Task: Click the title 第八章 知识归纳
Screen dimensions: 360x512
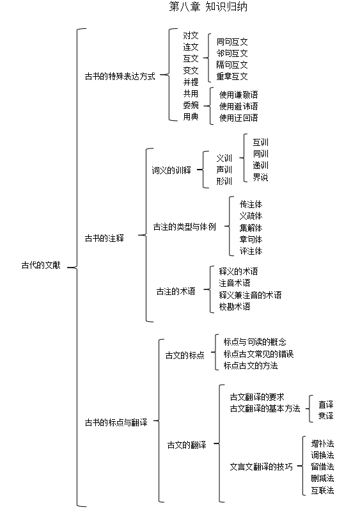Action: pos(208,6)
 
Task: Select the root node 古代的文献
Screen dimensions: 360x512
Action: pos(41,265)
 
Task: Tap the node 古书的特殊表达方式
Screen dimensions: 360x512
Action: pos(120,76)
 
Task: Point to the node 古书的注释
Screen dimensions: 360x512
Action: pos(104,238)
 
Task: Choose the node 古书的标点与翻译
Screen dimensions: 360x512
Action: pos(116,422)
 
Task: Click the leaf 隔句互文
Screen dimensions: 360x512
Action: pos(232,65)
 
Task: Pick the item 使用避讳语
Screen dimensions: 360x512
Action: pos(239,106)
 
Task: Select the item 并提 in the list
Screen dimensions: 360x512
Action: pos(191,82)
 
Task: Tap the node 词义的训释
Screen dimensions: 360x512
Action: pos(171,170)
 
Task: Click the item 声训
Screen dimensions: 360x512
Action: pos(224,170)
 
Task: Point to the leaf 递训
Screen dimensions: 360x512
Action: pos(260,165)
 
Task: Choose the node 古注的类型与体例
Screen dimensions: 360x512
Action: pos(185,227)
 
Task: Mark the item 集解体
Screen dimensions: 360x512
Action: pos(251,228)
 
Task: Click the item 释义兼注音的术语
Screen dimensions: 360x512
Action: pos(250,295)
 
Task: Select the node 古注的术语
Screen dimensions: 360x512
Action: pos(176,291)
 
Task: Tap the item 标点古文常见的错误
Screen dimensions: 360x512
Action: pos(258,354)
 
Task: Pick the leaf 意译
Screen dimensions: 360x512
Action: pos(325,415)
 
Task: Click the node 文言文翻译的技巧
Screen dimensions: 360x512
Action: pos(261,467)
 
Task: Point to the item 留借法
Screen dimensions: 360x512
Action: pos(322,467)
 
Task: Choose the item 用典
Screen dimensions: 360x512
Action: pos(191,116)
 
